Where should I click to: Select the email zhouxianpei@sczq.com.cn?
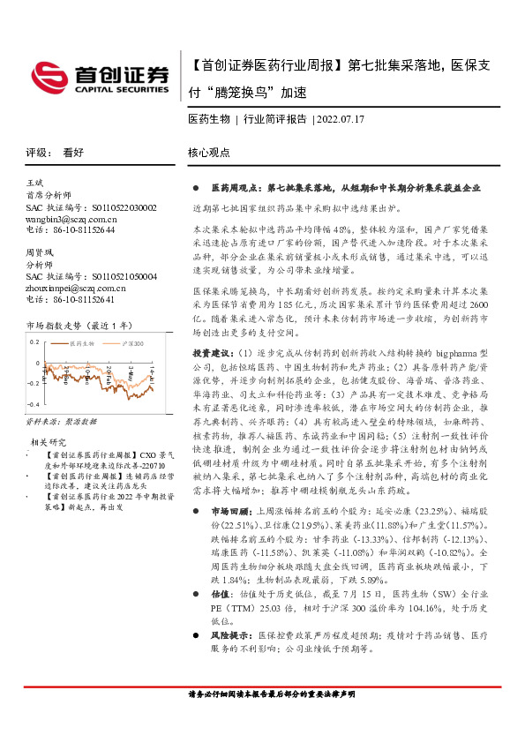(x=75, y=288)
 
